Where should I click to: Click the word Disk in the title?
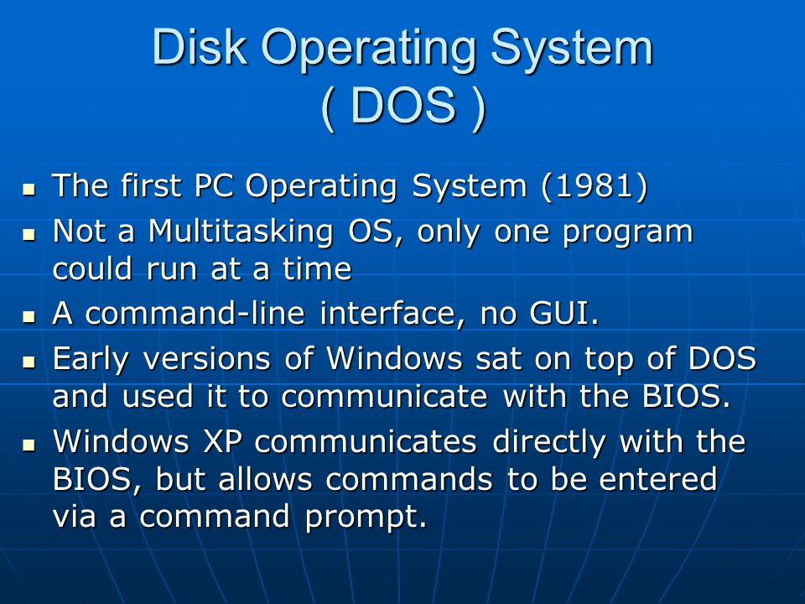tap(200, 47)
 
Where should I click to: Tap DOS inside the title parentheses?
tap(403, 105)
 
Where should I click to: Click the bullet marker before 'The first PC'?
tap(29, 189)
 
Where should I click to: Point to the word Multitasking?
tap(241, 232)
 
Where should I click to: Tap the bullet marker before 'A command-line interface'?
tap(29, 315)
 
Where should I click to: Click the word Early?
tap(91, 360)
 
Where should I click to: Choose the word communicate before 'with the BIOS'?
tap(384, 397)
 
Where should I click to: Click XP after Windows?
tap(222, 441)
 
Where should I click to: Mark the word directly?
tap(548, 442)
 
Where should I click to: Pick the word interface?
tap(387, 313)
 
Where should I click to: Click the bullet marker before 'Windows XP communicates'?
tap(29, 445)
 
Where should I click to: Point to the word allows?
tap(265, 479)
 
